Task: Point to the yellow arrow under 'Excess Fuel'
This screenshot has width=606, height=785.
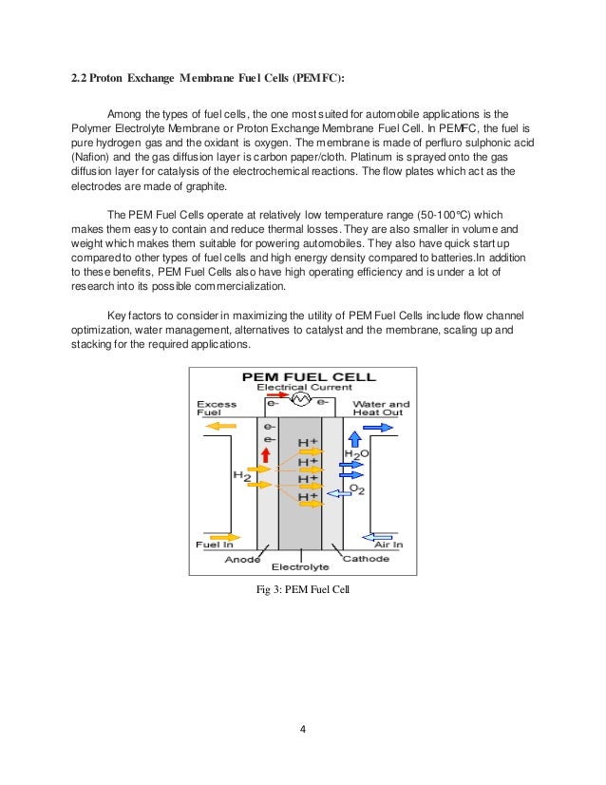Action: point(218,427)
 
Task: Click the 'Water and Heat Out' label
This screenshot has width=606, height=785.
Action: point(381,409)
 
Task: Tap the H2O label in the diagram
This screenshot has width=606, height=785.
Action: point(356,454)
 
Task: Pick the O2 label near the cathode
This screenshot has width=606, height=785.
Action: point(356,488)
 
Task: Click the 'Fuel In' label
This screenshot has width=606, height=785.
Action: point(215,545)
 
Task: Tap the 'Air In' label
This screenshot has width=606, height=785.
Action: point(388,545)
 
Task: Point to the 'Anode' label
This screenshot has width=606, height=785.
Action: point(243,559)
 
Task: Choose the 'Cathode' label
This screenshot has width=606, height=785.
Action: point(366,559)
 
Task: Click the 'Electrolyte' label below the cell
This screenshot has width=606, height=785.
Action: point(300,567)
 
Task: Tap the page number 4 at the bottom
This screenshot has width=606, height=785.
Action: point(302,730)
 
